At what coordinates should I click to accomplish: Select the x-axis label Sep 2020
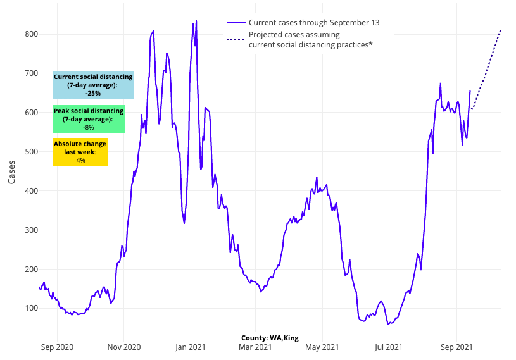pyautogui.click(x=58, y=347)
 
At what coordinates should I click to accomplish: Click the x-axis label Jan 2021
pyautogui.click(x=190, y=347)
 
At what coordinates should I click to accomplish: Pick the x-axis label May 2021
pyautogui.click(x=322, y=347)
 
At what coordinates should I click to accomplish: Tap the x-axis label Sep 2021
pyautogui.click(x=456, y=347)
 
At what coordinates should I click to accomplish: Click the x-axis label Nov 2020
pyautogui.click(x=123, y=347)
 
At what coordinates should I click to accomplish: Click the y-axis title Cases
pyautogui.click(x=12, y=171)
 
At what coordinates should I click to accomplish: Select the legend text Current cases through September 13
pyautogui.click(x=314, y=23)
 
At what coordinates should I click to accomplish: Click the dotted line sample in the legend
pyautogui.click(x=235, y=39)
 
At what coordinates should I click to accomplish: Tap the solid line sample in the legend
pyautogui.click(x=235, y=23)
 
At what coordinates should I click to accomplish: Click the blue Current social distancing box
pyautogui.click(x=93, y=85)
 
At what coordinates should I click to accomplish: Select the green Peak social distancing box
pyautogui.click(x=89, y=119)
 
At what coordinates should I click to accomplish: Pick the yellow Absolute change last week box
pyautogui.click(x=80, y=152)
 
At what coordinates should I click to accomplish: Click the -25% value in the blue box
pyautogui.click(x=93, y=93)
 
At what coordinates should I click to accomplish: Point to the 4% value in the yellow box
pyautogui.click(x=80, y=161)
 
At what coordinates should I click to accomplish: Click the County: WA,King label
pyautogui.click(x=270, y=338)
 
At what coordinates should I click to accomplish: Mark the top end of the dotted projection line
pyautogui.click(x=501, y=29)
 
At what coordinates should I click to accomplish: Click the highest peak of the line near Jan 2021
pyautogui.click(x=196, y=21)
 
